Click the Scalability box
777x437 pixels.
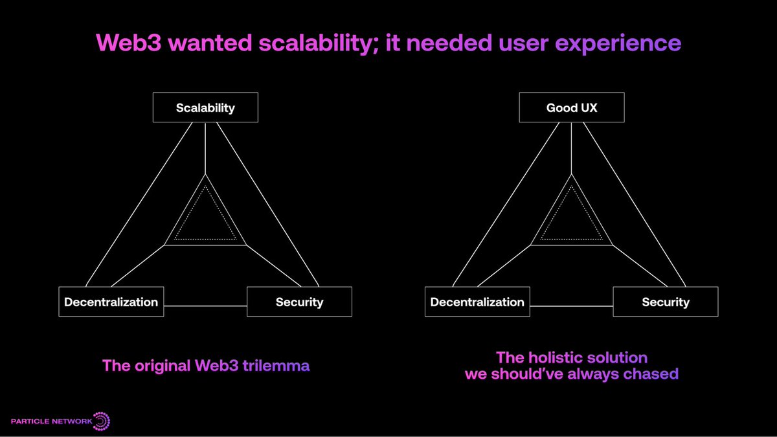(205, 107)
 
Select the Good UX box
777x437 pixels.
(571, 107)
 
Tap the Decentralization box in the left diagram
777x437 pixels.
(111, 302)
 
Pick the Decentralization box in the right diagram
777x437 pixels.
(477, 302)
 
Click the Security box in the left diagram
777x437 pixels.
(299, 302)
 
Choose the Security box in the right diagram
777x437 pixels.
(665, 302)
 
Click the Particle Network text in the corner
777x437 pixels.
(51, 422)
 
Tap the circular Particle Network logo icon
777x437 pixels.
(102, 421)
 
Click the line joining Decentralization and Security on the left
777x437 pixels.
(205, 305)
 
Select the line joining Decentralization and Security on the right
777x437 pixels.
(571, 305)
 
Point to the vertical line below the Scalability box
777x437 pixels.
(205, 148)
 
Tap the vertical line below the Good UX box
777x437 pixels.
(571, 148)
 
